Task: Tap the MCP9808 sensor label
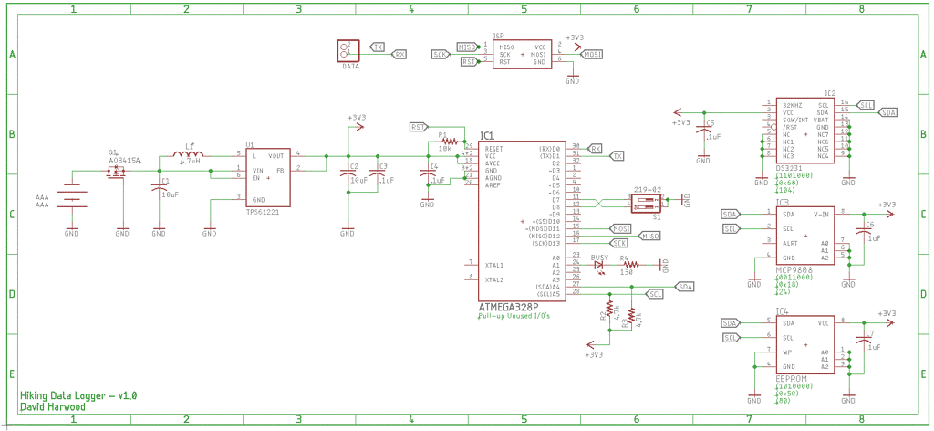click(794, 270)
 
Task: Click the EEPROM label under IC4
click(790, 377)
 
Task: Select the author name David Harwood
click(53, 407)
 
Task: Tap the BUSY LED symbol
click(599, 265)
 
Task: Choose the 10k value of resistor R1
click(445, 148)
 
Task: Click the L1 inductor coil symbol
click(190, 157)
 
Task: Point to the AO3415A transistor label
click(124, 160)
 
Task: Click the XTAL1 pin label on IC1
click(495, 265)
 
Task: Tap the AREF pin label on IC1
click(493, 185)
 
